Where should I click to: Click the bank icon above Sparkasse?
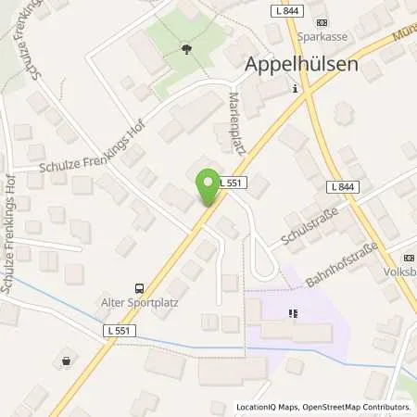click(322, 23)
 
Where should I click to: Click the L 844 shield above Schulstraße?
click(343, 187)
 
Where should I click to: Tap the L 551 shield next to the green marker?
click(233, 183)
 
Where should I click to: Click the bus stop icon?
click(139, 288)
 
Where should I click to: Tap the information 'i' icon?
click(295, 89)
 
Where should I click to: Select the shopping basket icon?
click(66, 361)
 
